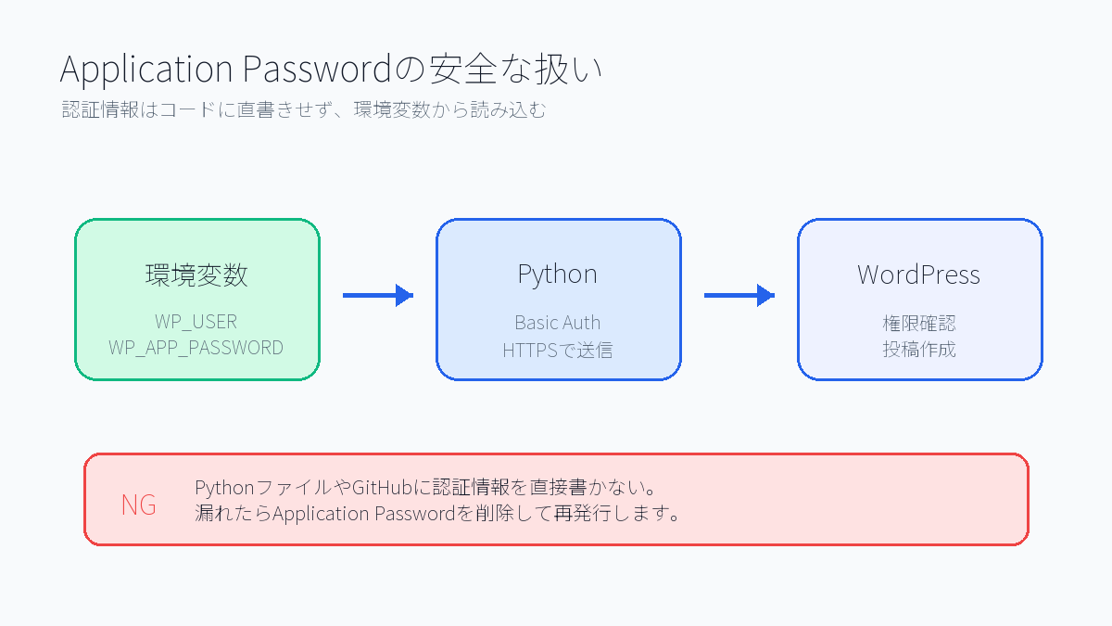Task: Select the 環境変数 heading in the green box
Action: pos(196,275)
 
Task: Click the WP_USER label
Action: pos(196,322)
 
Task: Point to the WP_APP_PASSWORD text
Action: pos(196,348)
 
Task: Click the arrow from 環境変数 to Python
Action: pos(377,296)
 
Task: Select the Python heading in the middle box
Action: pos(557,275)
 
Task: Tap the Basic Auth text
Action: pos(557,323)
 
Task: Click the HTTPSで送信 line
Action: pos(557,350)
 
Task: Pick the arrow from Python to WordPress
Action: pos(739,296)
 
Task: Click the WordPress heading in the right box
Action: pos(918,275)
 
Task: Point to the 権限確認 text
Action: pos(918,324)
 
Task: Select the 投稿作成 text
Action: pos(918,350)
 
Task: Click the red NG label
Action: pos(138,505)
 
